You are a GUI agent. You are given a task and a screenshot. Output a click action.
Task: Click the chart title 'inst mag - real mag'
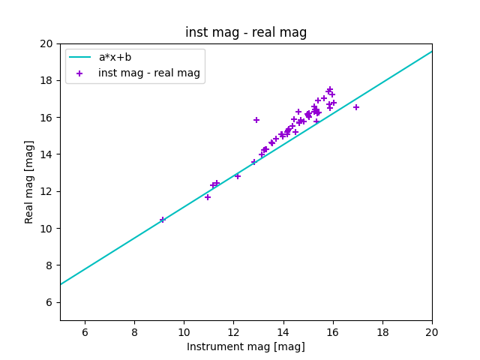click(x=246, y=32)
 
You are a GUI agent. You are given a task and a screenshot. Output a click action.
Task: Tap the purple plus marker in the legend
click(x=80, y=73)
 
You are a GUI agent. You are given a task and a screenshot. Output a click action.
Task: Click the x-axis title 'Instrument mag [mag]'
click(x=246, y=346)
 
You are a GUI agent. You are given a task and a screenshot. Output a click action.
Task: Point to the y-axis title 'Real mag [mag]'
click(x=30, y=181)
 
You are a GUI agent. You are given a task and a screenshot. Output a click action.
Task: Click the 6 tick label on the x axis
click(x=85, y=331)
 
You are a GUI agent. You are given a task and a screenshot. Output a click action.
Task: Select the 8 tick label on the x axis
click(x=134, y=331)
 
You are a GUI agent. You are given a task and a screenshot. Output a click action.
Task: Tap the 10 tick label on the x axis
click(x=184, y=331)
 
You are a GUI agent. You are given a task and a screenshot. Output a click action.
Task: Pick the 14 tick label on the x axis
click(x=283, y=331)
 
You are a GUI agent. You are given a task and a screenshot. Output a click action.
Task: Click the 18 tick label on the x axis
click(x=382, y=331)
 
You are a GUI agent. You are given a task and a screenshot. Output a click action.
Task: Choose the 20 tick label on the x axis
click(x=432, y=331)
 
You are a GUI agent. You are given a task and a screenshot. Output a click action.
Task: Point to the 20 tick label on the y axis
click(x=47, y=43)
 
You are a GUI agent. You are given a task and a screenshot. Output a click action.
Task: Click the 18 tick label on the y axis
click(x=47, y=80)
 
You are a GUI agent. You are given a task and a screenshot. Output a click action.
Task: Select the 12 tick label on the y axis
click(x=47, y=191)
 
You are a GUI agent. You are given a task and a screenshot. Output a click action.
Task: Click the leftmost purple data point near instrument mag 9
click(x=162, y=220)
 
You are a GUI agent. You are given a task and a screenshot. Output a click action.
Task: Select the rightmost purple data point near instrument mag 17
click(x=356, y=107)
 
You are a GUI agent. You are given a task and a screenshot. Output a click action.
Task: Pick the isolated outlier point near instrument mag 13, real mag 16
click(x=256, y=120)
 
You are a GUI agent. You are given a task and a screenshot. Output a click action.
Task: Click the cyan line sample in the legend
click(x=80, y=57)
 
